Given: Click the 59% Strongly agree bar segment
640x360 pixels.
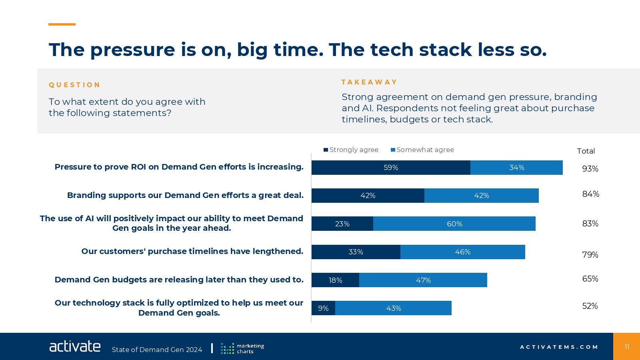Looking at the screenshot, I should [x=391, y=168].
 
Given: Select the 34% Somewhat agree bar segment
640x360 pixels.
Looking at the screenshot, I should [x=516, y=168].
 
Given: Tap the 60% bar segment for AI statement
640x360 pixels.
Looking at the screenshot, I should [x=454, y=224].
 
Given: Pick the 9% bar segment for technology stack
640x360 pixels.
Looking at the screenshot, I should [x=323, y=308].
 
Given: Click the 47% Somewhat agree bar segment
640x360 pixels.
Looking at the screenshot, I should [x=423, y=280].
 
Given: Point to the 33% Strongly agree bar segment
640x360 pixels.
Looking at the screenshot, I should [x=356, y=252].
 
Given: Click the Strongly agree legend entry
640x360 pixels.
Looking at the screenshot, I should [x=351, y=150].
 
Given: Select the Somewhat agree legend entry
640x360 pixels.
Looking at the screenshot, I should [x=422, y=150].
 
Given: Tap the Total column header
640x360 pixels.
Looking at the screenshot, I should [x=586, y=151].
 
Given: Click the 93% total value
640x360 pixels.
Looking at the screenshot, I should [x=590, y=169].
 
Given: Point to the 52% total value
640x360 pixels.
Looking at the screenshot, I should [x=590, y=306].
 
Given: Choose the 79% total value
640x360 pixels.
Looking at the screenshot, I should [x=590, y=255].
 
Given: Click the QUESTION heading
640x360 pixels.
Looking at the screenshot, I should [x=74, y=85].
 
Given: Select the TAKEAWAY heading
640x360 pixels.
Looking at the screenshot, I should [x=369, y=82].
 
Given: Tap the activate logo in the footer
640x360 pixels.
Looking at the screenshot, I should [x=75, y=346].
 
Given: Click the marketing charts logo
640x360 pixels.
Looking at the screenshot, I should [x=242, y=348].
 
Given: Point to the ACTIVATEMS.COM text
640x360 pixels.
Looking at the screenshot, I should [x=559, y=347].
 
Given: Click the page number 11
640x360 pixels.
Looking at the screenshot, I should [x=627, y=347].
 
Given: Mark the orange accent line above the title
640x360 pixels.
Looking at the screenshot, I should [x=62, y=24].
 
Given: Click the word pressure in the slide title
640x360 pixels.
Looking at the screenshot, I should [x=132, y=50].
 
